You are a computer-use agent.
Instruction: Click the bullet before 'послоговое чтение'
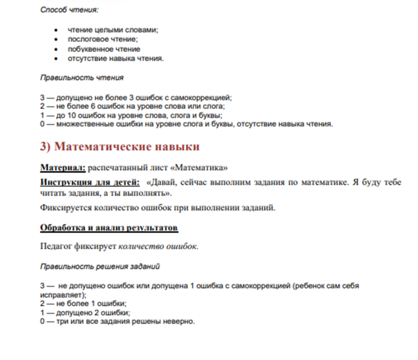[56, 39]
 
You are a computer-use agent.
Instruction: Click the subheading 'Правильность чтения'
[82, 77]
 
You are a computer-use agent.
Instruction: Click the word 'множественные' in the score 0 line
[79, 124]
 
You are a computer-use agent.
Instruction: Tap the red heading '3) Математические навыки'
[120, 146]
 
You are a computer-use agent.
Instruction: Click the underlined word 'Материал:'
[63, 168]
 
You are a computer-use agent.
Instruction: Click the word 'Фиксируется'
[63, 208]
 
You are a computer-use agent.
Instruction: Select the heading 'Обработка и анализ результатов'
[109, 228]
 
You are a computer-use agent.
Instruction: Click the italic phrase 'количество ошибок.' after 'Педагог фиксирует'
[159, 246]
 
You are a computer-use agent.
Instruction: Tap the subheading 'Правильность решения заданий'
[100, 266]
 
